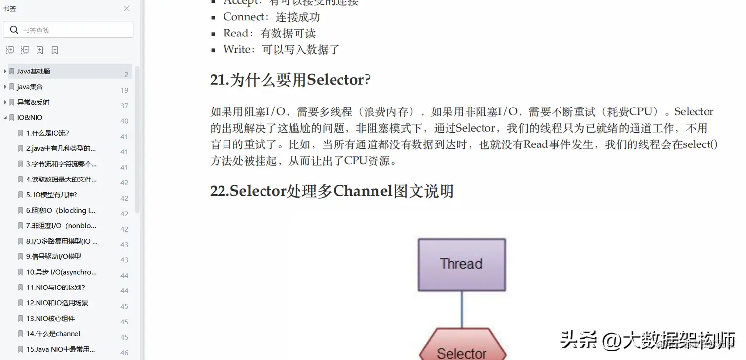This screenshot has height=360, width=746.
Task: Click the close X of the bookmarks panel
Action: pos(127,8)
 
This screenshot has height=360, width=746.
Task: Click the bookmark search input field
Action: pos(74,30)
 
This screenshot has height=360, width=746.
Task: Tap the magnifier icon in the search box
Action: pos(14,30)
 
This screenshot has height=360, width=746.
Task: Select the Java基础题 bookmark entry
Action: pos(34,72)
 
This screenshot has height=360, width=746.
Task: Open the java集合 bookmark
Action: pos(30,87)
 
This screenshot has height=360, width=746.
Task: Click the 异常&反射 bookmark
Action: pos(33,102)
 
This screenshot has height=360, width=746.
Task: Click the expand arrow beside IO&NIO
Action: pos(5,118)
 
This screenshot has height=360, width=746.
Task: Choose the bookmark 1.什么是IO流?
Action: pos(47,133)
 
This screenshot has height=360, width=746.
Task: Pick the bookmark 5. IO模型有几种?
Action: pos(52,195)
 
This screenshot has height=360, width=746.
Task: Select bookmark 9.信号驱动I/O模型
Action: pos(54,256)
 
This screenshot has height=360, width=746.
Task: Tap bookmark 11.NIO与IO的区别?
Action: pos(56,288)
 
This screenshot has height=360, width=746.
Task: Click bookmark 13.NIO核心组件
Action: pos(50,319)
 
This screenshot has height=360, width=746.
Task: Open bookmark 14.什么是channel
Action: pos(53,334)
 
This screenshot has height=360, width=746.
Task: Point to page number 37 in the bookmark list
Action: pos(124,106)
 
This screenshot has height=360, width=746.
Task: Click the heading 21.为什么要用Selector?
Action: pos(290,80)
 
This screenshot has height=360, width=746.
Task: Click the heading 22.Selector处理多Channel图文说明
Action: pos(332,191)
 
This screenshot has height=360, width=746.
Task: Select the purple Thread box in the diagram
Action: pos(461,264)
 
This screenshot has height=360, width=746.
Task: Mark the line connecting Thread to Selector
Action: pos(462,309)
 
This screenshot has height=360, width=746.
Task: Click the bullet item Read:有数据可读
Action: pos(269,34)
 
